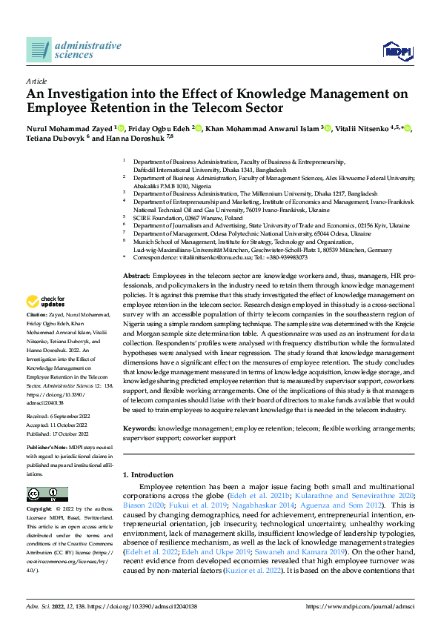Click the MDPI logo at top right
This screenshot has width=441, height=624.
[397, 50]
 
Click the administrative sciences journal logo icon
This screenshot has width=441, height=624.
[39, 50]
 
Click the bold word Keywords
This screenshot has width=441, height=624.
[139, 429]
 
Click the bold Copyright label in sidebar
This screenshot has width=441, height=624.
[40, 511]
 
